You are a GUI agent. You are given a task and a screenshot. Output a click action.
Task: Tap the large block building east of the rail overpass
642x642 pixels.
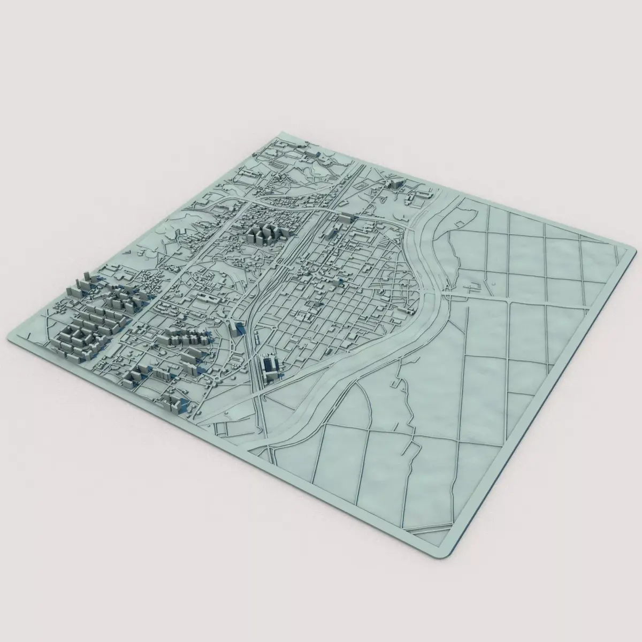pyautogui.click(x=346, y=217)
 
